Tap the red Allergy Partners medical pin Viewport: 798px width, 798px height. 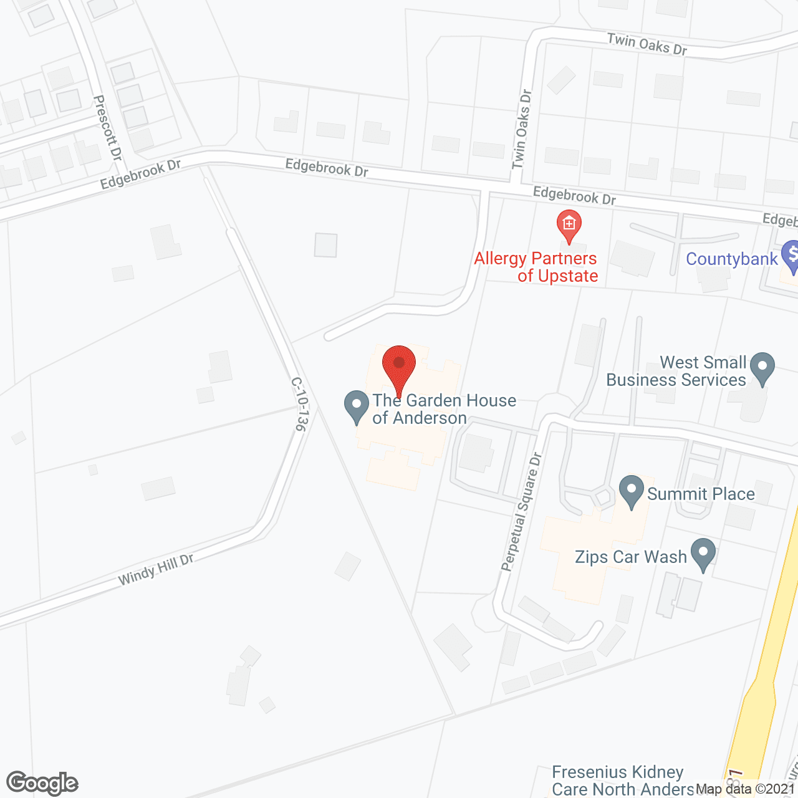(569, 224)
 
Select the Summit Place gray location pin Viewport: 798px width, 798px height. (632, 490)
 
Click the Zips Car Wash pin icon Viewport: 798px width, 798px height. (703, 553)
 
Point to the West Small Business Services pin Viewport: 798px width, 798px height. (762, 367)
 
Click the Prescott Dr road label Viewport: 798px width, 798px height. (107, 128)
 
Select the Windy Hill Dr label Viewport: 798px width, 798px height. (156, 570)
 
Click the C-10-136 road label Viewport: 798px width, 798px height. (299, 404)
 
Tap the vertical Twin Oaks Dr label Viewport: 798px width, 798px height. (521, 130)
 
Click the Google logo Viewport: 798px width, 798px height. (42, 783)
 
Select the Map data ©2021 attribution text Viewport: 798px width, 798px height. (746, 789)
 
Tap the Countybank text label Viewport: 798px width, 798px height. (732, 259)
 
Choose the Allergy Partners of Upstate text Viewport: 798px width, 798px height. (536, 267)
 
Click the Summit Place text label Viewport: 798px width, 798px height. (701, 494)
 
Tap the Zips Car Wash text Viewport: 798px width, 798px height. (630, 557)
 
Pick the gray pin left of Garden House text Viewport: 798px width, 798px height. (357, 406)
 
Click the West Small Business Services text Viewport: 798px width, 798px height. (676, 371)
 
